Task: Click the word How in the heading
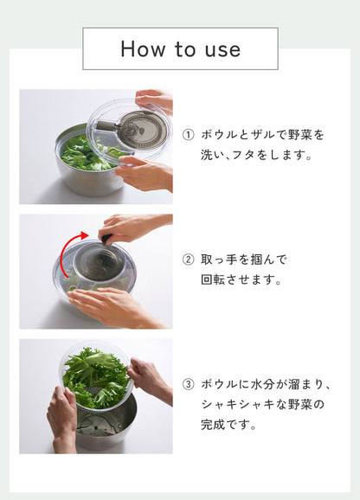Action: [143, 49]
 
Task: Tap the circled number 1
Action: [188, 135]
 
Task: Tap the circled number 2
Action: [188, 260]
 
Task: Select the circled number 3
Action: [188, 384]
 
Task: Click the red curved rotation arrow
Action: [66, 252]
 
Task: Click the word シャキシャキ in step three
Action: [240, 404]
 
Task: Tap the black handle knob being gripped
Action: [106, 238]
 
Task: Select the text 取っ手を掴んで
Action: [244, 260]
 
